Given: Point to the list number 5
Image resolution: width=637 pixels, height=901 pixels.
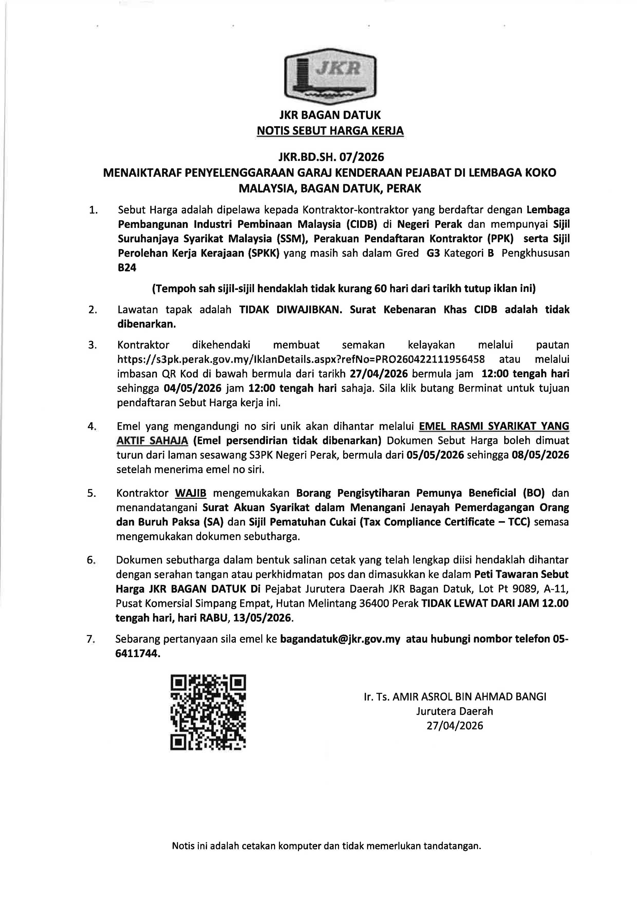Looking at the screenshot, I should (x=92, y=493).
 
